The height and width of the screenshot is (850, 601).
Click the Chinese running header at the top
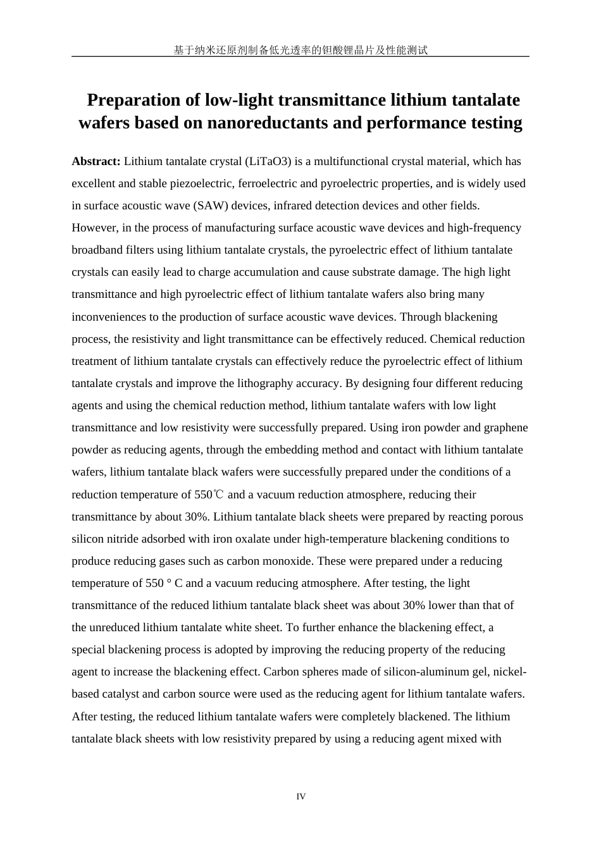coord(300,50)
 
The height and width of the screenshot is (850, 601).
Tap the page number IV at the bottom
coord(300,797)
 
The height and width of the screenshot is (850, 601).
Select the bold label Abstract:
coord(96,161)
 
